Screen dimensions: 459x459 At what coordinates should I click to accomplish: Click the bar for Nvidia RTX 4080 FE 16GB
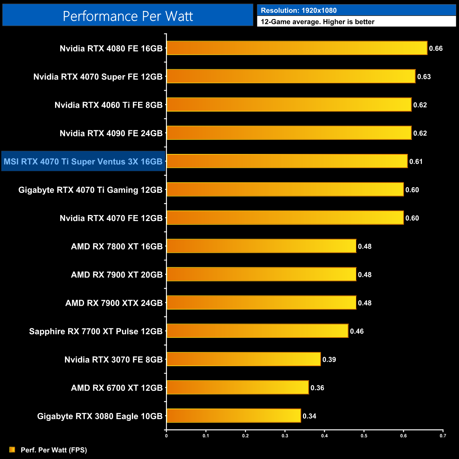[297, 48]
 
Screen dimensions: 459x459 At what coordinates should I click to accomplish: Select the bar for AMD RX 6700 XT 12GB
[237, 387]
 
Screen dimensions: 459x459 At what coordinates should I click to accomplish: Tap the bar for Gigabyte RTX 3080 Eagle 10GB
[233, 416]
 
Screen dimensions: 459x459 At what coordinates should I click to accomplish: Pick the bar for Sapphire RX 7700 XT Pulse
[257, 331]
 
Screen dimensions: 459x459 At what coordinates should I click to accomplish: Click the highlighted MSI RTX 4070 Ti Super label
[83, 161]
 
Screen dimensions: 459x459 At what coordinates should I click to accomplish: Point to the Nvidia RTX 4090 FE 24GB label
[111, 133]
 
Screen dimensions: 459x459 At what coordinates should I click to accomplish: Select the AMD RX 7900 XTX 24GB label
[114, 303]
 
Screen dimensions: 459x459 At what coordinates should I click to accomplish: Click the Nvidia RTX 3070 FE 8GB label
[113, 359]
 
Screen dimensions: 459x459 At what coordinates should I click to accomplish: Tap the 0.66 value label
[436, 48]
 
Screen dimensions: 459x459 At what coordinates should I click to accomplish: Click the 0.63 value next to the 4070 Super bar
[424, 77]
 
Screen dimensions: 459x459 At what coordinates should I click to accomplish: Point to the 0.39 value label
[329, 359]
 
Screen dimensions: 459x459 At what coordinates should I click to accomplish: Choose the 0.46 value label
[357, 331]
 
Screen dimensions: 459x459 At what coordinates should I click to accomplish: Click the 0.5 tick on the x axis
[364, 436]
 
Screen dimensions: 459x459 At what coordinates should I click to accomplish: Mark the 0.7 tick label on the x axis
[443, 436]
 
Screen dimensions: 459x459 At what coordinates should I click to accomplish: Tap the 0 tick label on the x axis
[166, 436]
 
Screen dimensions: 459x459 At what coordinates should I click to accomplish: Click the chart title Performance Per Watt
[128, 16]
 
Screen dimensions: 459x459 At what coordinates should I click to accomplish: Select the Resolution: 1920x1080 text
[299, 10]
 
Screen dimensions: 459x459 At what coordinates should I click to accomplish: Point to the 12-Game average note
[317, 22]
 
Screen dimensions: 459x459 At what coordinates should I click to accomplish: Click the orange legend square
[12, 449]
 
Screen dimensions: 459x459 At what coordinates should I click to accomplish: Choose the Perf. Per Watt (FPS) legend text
[54, 450]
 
